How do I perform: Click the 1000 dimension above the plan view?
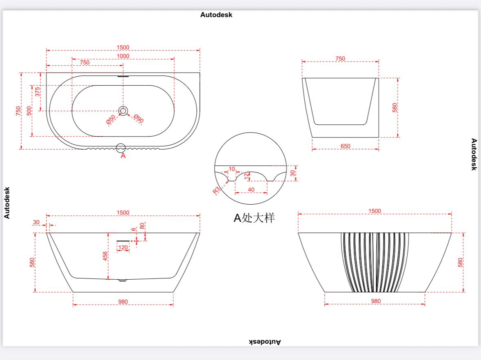(123, 56)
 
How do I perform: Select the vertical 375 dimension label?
(38, 92)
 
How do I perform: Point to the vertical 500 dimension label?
(29, 111)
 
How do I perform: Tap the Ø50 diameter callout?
(111, 119)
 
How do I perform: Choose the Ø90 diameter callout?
(139, 118)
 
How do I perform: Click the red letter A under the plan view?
(123, 156)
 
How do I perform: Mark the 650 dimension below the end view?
(345, 146)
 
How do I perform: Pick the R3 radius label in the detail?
(216, 190)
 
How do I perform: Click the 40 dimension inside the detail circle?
(251, 190)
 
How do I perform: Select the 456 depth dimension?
(105, 256)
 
